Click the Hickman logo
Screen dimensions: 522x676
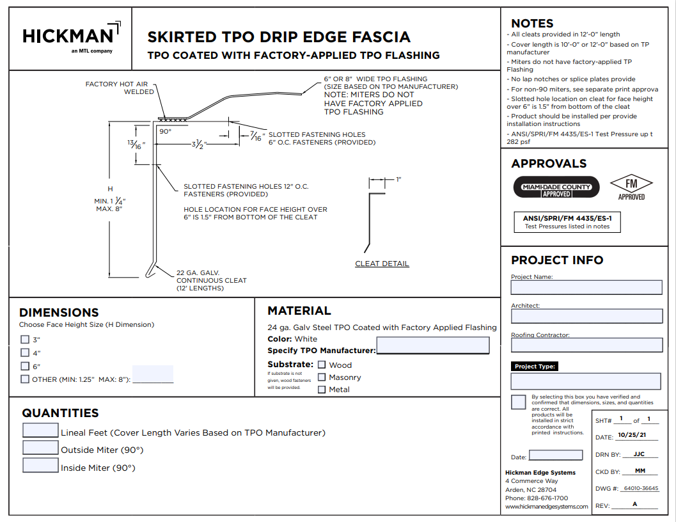pyautogui.click(x=70, y=37)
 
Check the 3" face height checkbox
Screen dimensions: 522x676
pyautogui.click(x=25, y=340)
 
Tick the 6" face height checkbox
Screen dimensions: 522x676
pyautogui.click(x=25, y=366)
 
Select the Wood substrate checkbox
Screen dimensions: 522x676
pyautogui.click(x=322, y=365)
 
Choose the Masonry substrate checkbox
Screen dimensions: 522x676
pyautogui.click(x=322, y=377)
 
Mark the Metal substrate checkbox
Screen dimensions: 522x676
pyautogui.click(x=322, y=389)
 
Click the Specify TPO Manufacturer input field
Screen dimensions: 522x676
pyautogui.click(x=433, y=346)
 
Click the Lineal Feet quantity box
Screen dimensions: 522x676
pyautogui.click(x=40, y=431)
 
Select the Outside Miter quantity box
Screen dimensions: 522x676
pyautogui.click(x=40, y=448)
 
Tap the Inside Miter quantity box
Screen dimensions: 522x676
pyautogui.click(x=40, y=465)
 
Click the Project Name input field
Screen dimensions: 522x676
pyautogui.click(x=586, y=287)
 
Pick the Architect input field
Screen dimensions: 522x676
pyautogui.click(x=586, y=316)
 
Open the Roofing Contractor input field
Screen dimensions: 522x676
pyautogui.click(x=586, y=345)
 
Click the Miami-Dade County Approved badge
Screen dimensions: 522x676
pyautogui.click(x=557, y=187)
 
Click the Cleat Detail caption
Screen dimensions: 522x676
pyautogui.click(x=382, y=264)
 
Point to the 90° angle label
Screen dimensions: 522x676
pyautogui.click(x=166, y=131)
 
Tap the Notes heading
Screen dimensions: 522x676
pyautogui.click(x=532, y=24)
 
